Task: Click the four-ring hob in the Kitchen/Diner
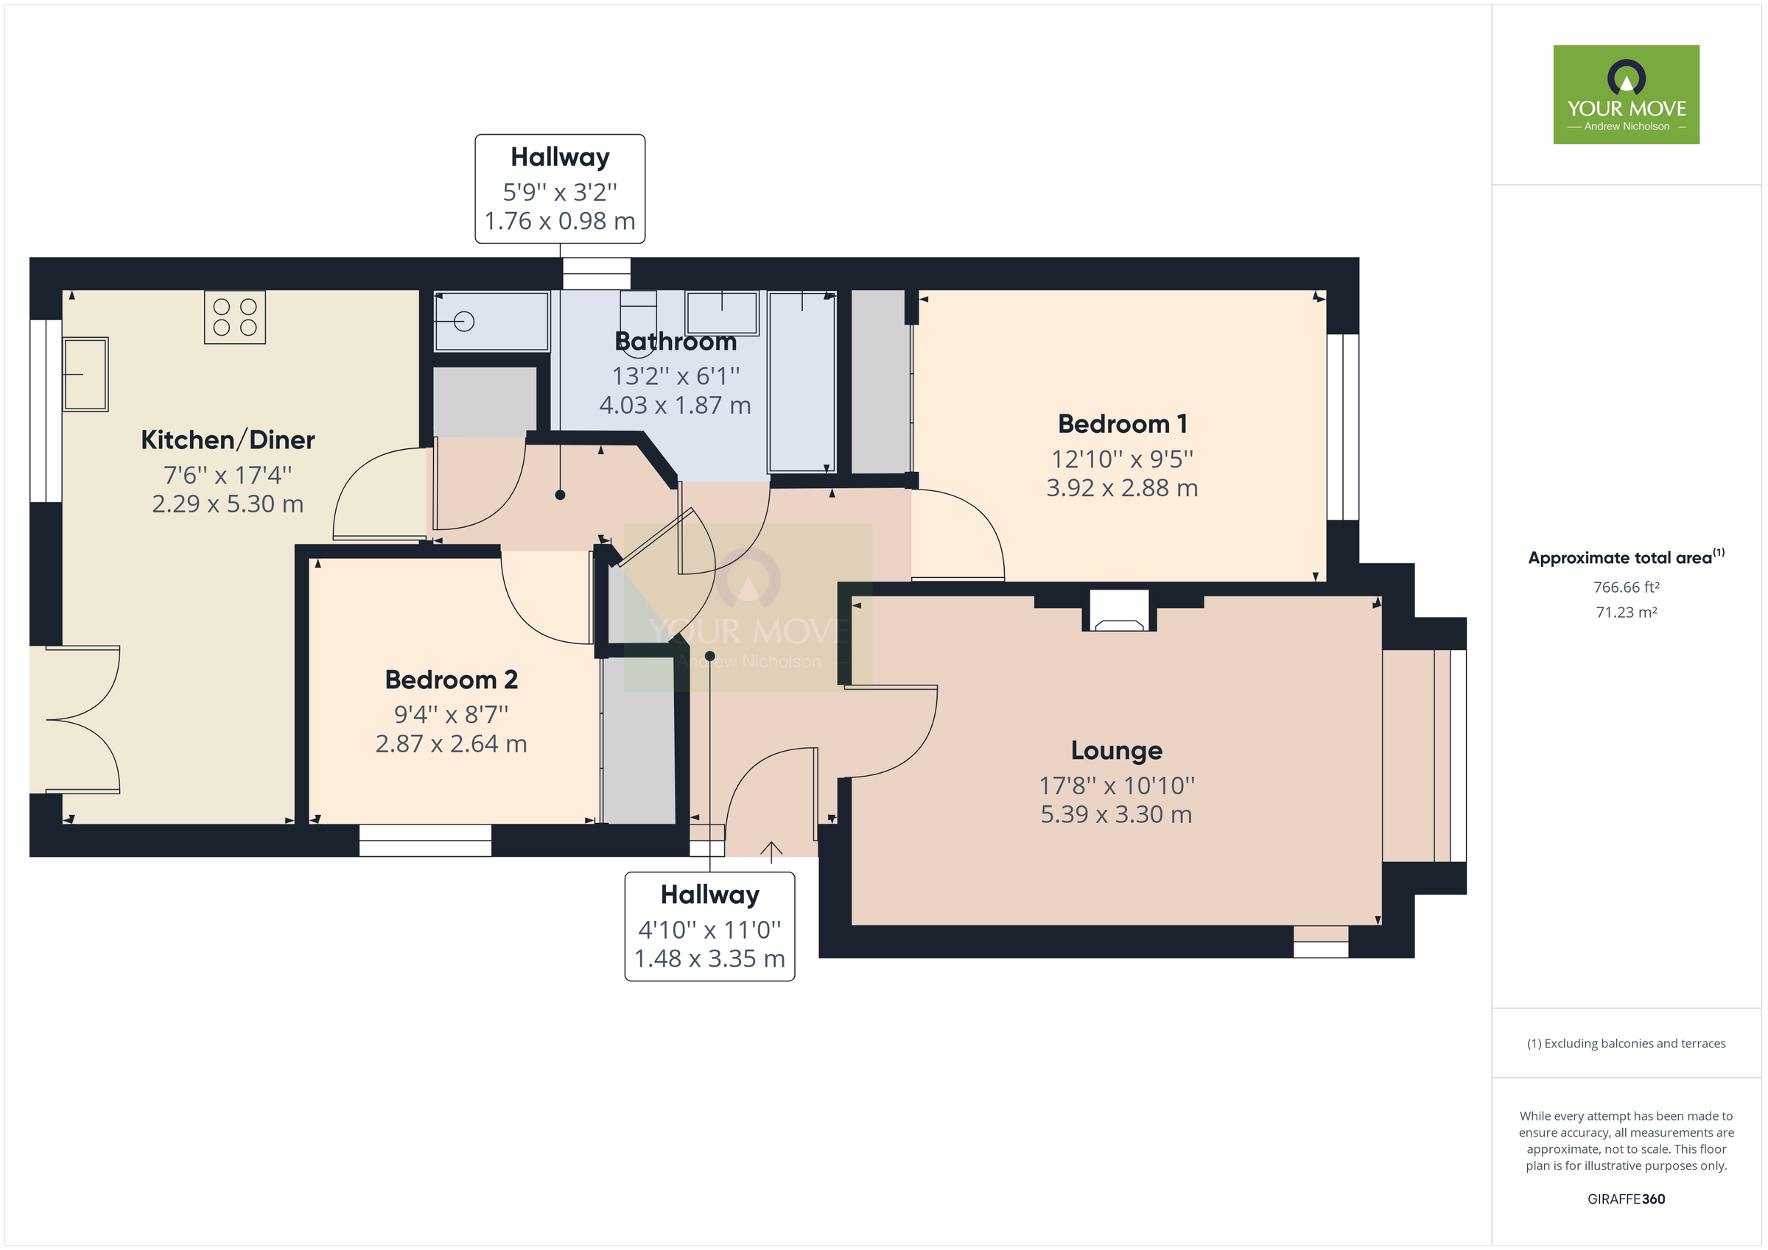(x=235, y=317)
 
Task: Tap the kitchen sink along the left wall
(x=85, y=374)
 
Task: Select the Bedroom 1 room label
(x=1122, y=424)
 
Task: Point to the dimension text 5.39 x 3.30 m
(x=1116, y=814)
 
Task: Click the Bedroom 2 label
(x=452, y=679)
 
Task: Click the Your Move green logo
(x=1626, y=95)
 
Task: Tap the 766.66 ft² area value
(x=1626, y=587)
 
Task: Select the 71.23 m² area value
(x=1626, y=612)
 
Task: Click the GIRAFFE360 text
(x=1626, y=1198)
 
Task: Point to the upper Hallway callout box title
(x=560, y=157)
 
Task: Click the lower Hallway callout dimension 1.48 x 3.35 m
(x=709, y=959)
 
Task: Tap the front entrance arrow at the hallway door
(x=771, y=850)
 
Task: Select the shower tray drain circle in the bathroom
(x=463, y=321)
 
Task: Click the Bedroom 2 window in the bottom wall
(x=425, y=841)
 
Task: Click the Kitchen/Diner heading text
(x=228, y=440)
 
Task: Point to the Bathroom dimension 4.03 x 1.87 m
(x=675, y=406)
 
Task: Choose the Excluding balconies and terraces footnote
(x=1626, y=1044)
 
